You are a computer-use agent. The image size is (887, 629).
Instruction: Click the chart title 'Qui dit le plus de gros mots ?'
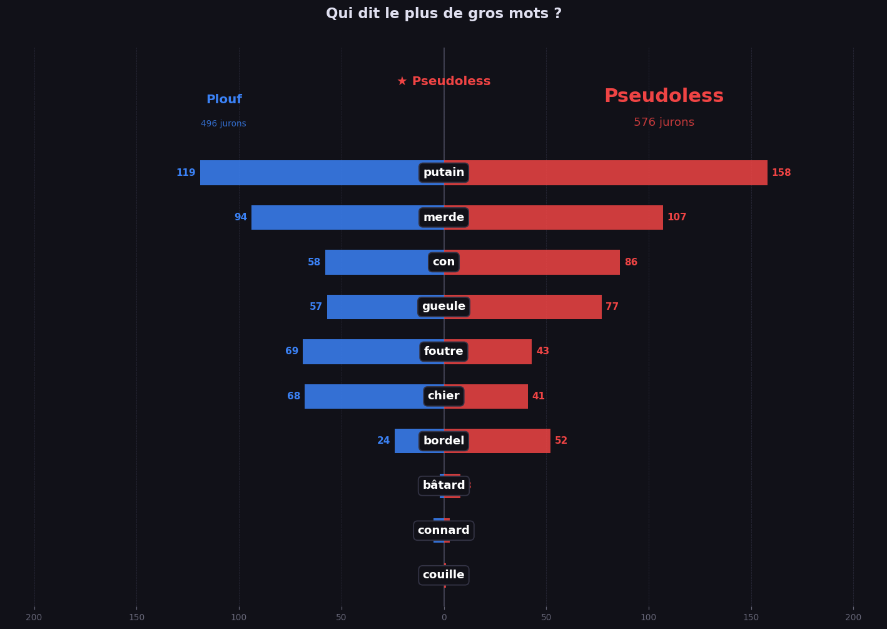pos(443,14)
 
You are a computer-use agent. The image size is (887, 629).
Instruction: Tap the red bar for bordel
pos(510,441)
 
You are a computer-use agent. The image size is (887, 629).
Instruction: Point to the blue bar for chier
pos(363,397)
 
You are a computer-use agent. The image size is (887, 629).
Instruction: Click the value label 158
pos(781,173)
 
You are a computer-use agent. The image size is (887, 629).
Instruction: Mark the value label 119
pos(186,173)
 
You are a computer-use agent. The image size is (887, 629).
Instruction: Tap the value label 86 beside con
pos(631,262)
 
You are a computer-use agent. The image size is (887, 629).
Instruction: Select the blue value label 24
pos(383,441)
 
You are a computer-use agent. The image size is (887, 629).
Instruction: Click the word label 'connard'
pos(443,531)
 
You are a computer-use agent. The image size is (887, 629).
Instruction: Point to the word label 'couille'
pos(443,575)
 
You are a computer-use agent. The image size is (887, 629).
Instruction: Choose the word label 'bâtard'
pos(443,486)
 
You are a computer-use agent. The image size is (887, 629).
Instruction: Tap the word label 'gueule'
pos(443,307)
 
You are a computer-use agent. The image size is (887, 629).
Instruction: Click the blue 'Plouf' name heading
pos(224,100)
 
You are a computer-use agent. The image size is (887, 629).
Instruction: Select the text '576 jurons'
pos(664,123)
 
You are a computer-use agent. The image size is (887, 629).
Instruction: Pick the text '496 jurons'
pos(223,124)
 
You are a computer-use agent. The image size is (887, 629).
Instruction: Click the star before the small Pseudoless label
pos(402,81)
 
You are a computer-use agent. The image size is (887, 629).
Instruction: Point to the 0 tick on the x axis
pos(443,618)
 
